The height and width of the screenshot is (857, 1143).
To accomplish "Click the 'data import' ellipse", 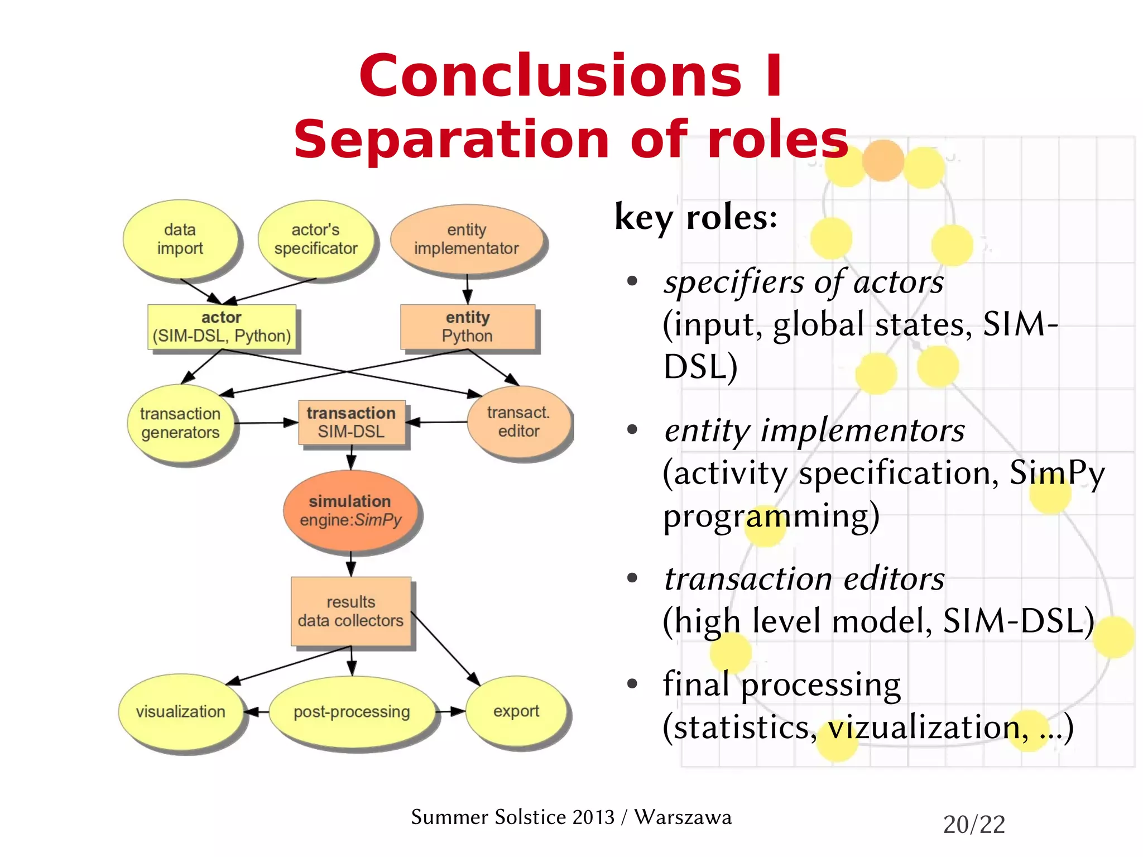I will [180, 239].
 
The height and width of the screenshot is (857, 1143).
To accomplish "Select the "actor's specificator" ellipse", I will [316, 239].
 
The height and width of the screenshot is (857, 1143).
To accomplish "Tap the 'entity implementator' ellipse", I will [467, 239].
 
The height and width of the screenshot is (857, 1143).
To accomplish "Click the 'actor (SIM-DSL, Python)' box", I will [222, 327].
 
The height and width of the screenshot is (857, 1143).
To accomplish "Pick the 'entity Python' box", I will [468, 327].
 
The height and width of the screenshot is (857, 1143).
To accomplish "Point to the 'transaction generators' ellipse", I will [180, 423].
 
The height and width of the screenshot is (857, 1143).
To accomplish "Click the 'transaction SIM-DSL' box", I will [351, 422].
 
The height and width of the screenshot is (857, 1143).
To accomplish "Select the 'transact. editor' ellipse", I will [518, 422].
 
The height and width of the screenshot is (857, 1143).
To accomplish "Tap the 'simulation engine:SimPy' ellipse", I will [350, 510].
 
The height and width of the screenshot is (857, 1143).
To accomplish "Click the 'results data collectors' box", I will [350, 611].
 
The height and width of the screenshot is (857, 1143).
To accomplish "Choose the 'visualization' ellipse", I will [180, 711].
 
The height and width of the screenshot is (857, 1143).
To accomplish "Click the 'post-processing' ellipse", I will [352, 711].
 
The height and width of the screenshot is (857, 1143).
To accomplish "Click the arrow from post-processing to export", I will [450, 711].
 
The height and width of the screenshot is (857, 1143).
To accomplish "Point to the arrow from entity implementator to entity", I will [468, 289].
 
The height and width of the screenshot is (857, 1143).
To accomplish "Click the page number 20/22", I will [974, 825].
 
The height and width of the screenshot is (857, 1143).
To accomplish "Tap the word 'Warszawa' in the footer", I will [683, 817].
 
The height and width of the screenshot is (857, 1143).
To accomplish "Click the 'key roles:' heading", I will [695, 217].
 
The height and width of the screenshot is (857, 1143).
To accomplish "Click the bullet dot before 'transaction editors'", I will [632, 578].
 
